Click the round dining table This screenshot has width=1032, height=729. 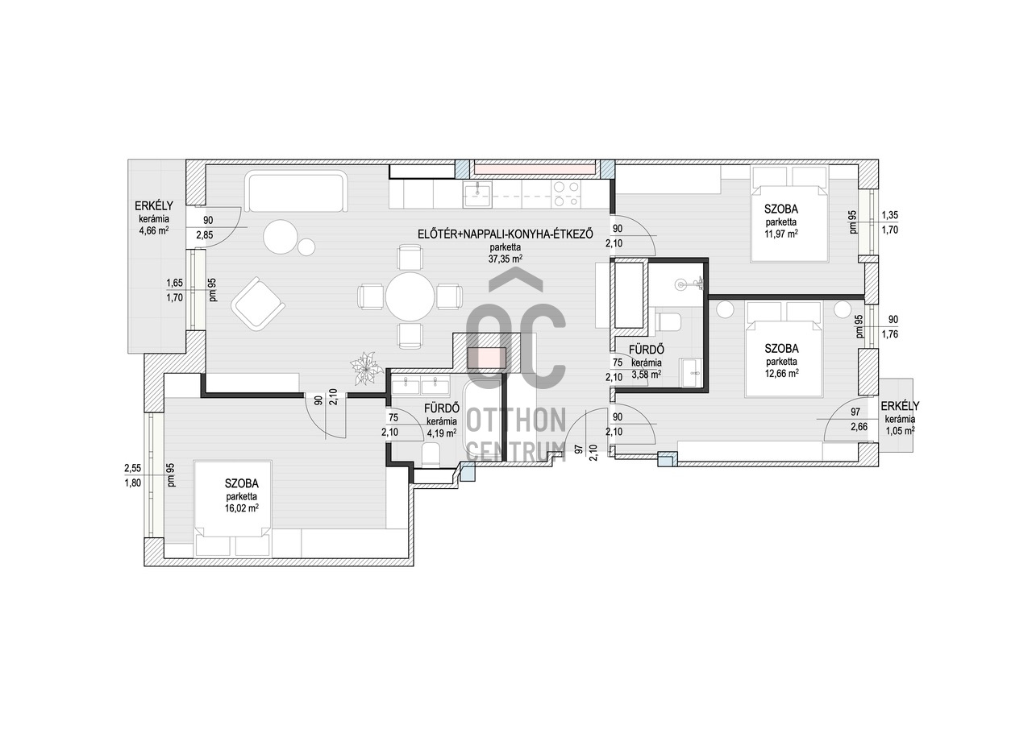pyautogui.click(x=410, y=296)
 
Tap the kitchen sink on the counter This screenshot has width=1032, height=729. pyautogui.click(x=478, y=194)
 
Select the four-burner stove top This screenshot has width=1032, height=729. pyautogui.click(x=566, y=194)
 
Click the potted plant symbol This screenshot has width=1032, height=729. pyautogui.click(x=367, y=368)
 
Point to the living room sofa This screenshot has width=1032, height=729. pyautogui.click(x=296, y=192)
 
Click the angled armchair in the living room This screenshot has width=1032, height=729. pyautogui.click(x=258, y=303)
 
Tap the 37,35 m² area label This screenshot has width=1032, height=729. pyautogui.click(x=506, y=259)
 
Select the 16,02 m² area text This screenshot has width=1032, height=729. pyautogui.click(x=241, y=508)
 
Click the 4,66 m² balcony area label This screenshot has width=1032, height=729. pyautogui.click(x=154, y=230)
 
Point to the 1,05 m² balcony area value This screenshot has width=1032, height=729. pyautogui.click(x=900, y=430)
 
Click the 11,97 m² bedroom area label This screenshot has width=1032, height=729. pyautogui.click(x=781, y=234)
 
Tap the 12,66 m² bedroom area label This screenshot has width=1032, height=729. pyautogui.click(x=782, y=373)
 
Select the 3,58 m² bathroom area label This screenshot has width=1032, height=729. pyautogui.click(x=647, y=374)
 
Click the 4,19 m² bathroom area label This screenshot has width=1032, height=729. pyautogui.click(x=442, y=433)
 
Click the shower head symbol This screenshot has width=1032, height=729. pyautogui.click(x=689, y=284)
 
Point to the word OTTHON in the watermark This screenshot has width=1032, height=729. pyautogui.click(x=517, y=420)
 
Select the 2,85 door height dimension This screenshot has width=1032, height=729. pyautogui.click(x=205, y=235)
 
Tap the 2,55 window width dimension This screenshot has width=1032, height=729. pyautogui.click(x=133, y=469)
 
